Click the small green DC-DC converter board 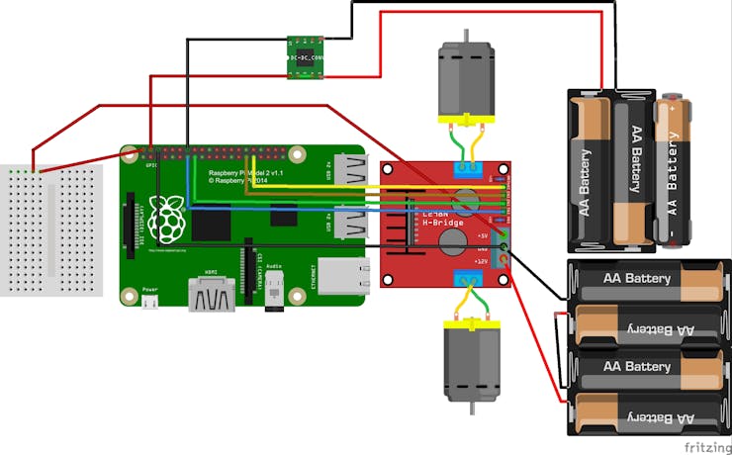point(306,56)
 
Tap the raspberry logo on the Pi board point(173,219)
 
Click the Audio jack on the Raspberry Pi point(273,294)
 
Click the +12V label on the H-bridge point(481,261)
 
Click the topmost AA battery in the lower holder point(648,279)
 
